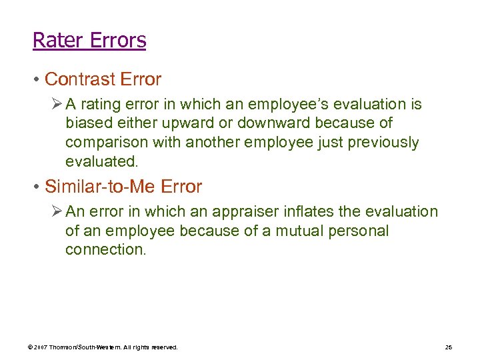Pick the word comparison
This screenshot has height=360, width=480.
[x=107, y=143]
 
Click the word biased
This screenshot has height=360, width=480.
[x=85, y=123]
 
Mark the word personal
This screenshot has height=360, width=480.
[x=356, y=231]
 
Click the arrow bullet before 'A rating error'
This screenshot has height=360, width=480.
[x=57, y=104]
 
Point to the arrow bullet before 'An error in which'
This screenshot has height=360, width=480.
[x=57, y=212]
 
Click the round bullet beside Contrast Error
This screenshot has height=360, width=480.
[x=36, y=80]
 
